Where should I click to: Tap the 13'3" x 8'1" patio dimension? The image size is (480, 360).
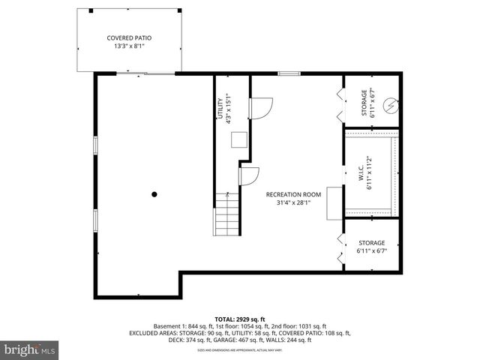click(x=128, y=46)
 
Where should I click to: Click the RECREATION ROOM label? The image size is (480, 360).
click(x=293, y=194)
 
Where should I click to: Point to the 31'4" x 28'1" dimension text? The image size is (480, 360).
click(x=293, y=202)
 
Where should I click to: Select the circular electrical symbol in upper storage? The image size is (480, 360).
click(x=389, y=106)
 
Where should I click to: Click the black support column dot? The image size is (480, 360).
click(x=154, y=194)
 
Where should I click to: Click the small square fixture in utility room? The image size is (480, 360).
click(x=239, y=140)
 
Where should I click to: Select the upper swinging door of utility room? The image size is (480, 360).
click(x=260, y=109)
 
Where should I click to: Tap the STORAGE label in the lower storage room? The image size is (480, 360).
click(x=371, y=243)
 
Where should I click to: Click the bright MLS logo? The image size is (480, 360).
click(x=31, y=349)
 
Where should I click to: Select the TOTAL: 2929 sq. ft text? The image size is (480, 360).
click(x=240, y=319)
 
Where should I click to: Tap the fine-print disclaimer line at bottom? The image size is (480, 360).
click(x=240, y=350)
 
